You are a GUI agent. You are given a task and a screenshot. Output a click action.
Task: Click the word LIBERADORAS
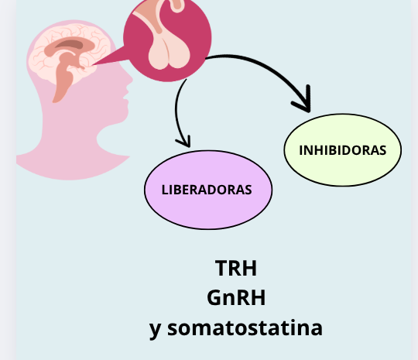[207, 190]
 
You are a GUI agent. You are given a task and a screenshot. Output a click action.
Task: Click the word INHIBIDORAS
[343, 150]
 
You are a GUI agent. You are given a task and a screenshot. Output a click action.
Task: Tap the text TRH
[236, 268]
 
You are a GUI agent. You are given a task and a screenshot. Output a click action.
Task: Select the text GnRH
[236, 298]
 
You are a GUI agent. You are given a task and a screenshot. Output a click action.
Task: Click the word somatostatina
[245, 328]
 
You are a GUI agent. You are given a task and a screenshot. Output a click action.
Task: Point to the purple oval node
[208, 190]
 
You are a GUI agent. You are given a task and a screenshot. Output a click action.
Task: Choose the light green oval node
[343, 150]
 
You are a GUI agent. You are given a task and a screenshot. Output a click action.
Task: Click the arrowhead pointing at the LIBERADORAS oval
[184, 142]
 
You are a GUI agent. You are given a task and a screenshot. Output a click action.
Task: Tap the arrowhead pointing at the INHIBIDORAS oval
[303, 101]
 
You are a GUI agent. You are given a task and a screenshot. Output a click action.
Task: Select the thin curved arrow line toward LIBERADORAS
[176, 112]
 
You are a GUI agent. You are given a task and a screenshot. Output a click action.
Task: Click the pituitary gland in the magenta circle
[169, 55]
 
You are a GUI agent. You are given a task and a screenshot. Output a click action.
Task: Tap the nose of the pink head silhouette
[130, 79]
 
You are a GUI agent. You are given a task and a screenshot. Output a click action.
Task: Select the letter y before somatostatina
[155, 330]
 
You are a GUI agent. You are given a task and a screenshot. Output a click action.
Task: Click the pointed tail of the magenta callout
[93, 64]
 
